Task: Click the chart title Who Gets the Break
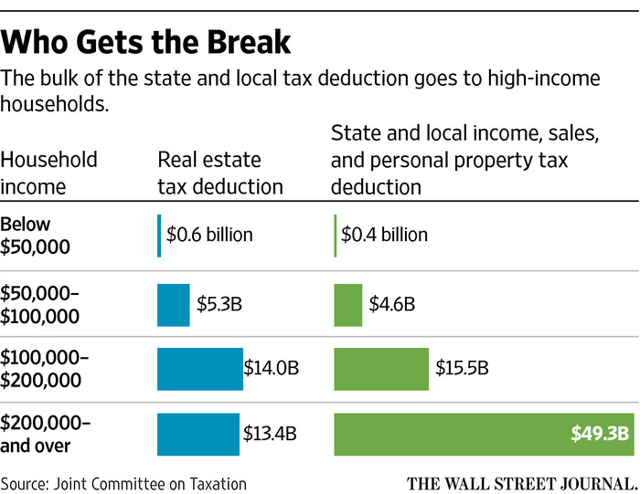147,43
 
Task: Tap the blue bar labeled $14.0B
199,368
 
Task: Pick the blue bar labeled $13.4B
197,434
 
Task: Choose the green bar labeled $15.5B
381,368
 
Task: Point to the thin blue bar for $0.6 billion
159,234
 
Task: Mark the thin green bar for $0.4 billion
336,234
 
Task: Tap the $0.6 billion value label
209,235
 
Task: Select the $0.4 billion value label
384,235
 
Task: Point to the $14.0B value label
272,368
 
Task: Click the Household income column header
48,173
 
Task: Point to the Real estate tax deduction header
220,173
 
